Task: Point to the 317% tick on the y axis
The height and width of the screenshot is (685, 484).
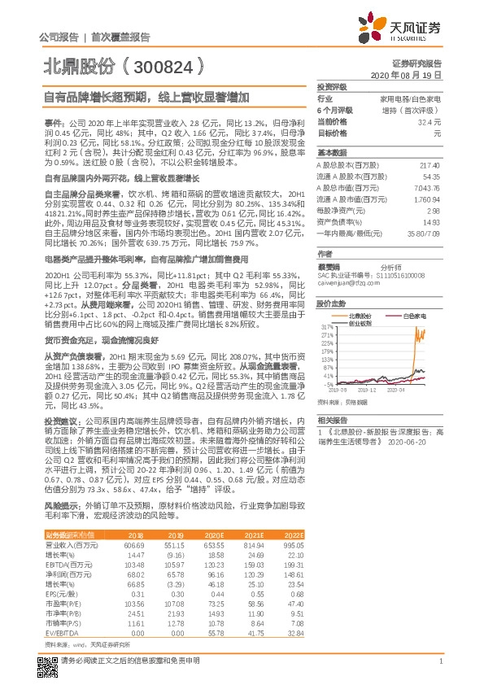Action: point(327,324)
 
